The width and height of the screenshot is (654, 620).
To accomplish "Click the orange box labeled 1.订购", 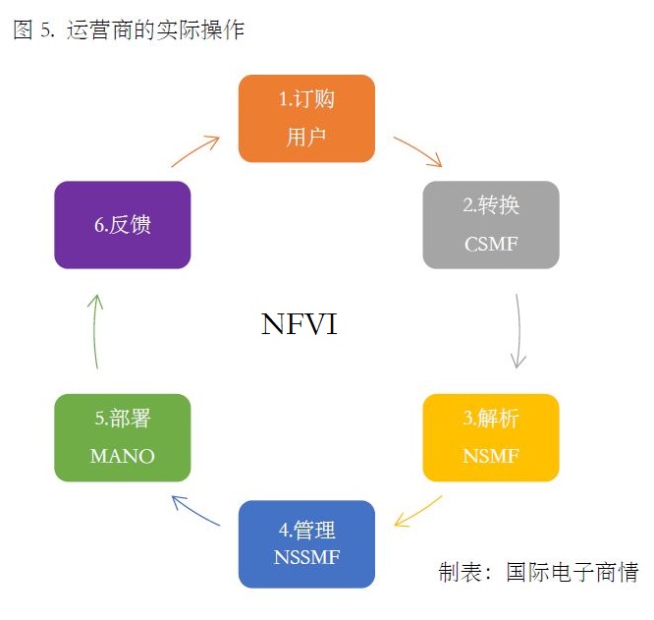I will pos(306,118).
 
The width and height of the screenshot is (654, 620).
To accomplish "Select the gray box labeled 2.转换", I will pos(491,225).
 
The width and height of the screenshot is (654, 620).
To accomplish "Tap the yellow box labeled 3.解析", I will pos(491,437).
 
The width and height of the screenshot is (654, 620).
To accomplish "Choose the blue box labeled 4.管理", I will pos(306,543).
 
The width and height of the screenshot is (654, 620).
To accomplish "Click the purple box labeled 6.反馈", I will pos(123,225).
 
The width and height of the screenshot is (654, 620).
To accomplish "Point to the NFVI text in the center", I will pos(300,325).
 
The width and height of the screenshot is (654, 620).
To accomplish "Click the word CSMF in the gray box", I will pos(491,244).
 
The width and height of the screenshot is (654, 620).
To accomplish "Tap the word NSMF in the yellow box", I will pos(491,456).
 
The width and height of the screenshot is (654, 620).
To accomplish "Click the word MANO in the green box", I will pos(123,456).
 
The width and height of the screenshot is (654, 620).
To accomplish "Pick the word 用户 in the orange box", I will pos(306,137).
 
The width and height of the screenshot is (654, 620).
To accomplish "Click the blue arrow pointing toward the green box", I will pos(195,511).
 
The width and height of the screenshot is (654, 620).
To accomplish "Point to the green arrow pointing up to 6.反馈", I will pos(94,331).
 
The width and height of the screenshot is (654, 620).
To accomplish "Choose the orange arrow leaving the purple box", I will pos(195,151).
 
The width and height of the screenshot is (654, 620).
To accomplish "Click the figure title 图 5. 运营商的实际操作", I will pos(129,30).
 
